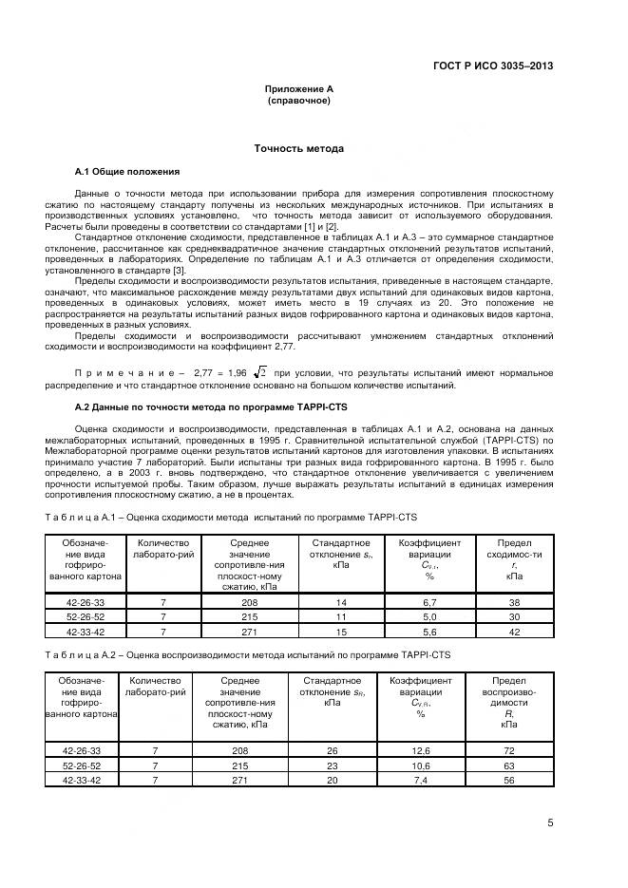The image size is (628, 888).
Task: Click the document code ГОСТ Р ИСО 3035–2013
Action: coord(493,66)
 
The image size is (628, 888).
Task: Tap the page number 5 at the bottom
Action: coord(550,823)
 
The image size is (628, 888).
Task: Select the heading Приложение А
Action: coord(298,88)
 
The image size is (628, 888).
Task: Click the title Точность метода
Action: coord(298,149)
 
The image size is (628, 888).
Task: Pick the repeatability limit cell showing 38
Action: coord(514,602)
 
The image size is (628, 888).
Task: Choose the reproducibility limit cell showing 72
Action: coord(509,750)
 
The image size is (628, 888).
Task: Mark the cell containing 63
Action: coord(509,765)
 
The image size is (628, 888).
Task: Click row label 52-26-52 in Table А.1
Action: coord(86,616)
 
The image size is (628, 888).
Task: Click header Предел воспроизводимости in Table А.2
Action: coord(509,702)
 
